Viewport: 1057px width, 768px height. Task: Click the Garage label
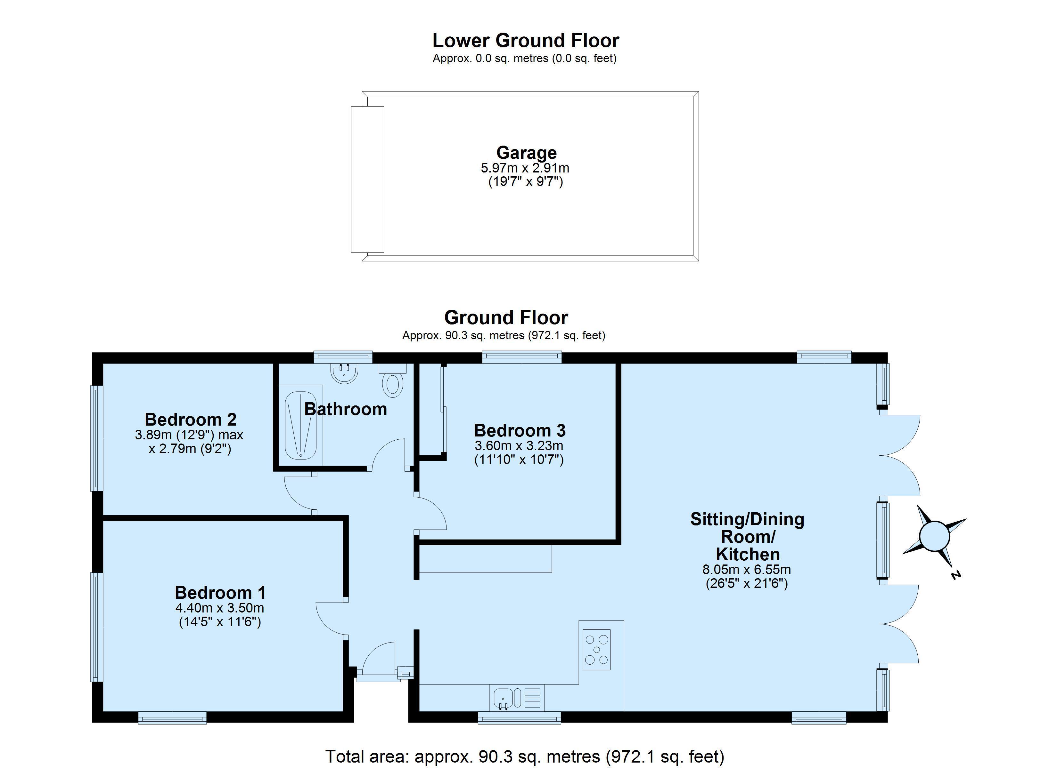526,153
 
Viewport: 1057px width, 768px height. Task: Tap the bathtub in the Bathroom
300,425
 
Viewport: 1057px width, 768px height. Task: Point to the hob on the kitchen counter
596,650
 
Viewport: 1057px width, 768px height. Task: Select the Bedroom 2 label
191,420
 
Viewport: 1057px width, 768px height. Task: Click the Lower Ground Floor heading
525,41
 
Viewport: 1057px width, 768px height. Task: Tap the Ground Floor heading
506,318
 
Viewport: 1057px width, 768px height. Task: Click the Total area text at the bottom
524,756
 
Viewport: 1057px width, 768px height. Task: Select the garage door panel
367,179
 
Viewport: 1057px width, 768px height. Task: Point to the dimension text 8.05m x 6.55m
746,570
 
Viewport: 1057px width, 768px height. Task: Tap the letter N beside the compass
956,576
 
